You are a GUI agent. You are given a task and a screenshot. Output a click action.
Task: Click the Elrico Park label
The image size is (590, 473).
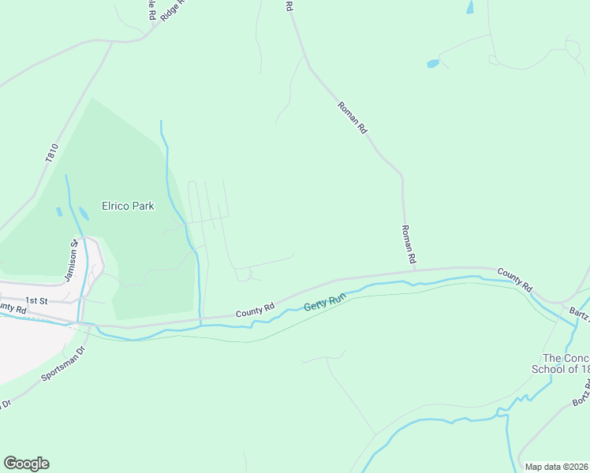tap(128, 206)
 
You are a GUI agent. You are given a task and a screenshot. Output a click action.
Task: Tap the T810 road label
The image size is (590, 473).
tap(52, 153)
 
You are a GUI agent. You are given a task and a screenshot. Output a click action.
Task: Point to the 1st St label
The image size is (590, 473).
tap(37, 300)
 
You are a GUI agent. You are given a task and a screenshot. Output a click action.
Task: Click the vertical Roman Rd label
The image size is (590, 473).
tap(408, 243)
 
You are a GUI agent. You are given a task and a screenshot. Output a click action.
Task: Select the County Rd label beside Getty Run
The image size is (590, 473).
tap(254, 311)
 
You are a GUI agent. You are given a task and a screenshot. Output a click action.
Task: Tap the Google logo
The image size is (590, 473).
tap(26, 464)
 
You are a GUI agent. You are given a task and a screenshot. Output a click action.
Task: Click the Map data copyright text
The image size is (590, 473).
tap(557, 467)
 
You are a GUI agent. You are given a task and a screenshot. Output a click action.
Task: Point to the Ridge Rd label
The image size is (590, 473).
tap(171, 9)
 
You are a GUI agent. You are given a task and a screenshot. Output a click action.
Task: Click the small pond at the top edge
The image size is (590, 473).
tap(470, 7)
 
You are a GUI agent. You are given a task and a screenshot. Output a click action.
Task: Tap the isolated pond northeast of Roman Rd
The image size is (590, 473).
tap(432, 63)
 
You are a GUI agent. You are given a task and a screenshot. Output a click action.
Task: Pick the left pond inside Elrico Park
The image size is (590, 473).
tap(58, 211)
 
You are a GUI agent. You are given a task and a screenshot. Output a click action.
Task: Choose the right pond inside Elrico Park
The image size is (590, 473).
tap(84, 214)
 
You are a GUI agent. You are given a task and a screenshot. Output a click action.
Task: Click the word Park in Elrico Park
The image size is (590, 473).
tap(143, 206)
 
